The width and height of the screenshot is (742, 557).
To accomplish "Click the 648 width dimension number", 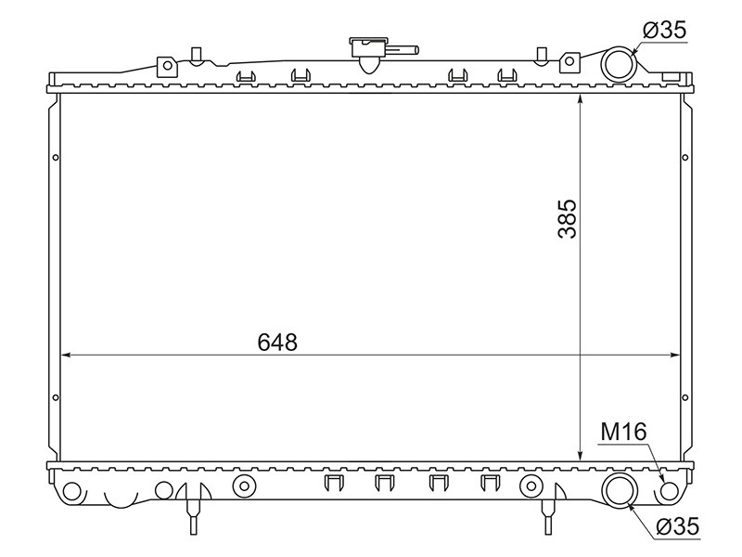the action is (x=277, y=342).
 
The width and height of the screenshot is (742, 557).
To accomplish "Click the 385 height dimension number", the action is (x=568, y=218).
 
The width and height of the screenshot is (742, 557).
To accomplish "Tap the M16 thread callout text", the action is (x=623, y=432).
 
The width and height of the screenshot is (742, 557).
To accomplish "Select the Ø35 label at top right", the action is (x=664, y=31).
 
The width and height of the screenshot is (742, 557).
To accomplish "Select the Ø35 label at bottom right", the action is (x=677, y=526).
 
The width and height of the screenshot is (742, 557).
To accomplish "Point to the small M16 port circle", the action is (x=669, y=491).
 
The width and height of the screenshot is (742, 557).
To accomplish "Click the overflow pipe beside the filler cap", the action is (x=403, y=49).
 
